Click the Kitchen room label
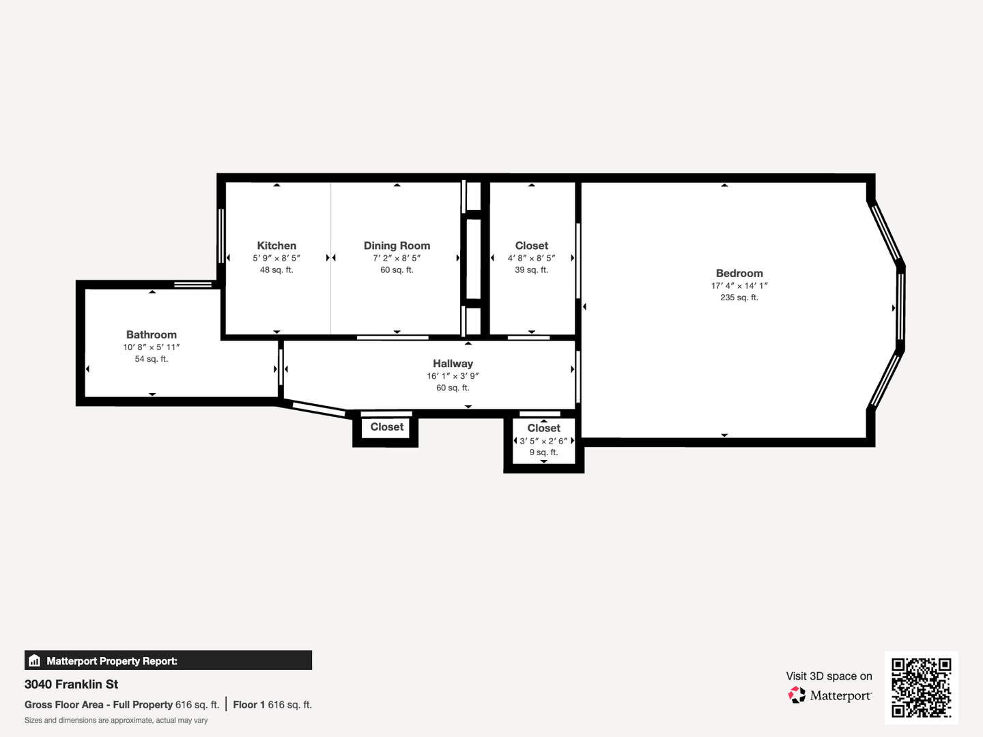(276, 246)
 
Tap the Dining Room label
(397, 246)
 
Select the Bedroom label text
(739, 274)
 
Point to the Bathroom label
(152, 334)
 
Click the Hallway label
(453, 363)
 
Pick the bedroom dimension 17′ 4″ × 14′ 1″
(739, 285)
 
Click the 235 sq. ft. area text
(739, 298)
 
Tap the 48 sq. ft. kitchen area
(276, 270)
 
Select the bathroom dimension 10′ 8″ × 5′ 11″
(152, 347)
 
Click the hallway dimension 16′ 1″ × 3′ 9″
(453, 376)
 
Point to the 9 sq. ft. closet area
(543, 452)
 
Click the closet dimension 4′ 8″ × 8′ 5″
(531, 258)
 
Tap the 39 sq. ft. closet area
(531, 270)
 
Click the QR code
(921, 687)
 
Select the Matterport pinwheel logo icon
(797, 695)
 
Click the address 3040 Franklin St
(71, 684)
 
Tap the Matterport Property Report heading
(112, 661)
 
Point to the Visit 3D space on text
(829, 676)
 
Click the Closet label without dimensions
(387, 427)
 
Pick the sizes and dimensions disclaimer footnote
(116, 721)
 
